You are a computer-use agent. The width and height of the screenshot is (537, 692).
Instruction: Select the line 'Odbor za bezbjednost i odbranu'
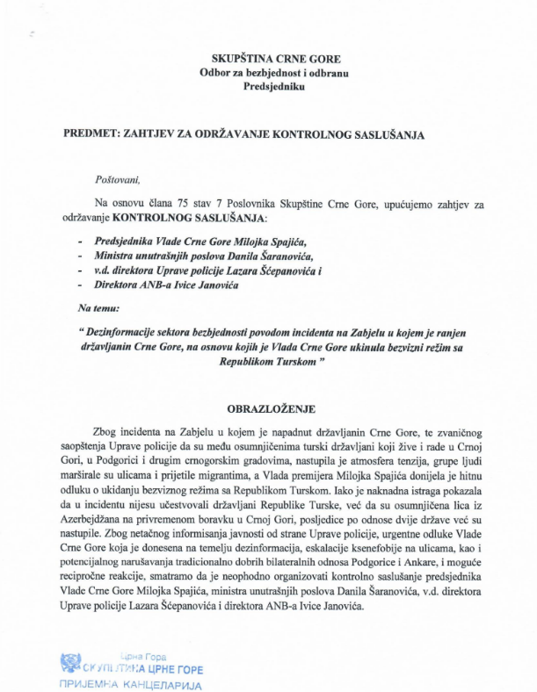268,72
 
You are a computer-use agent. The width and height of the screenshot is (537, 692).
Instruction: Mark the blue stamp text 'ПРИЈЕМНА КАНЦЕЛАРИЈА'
131,683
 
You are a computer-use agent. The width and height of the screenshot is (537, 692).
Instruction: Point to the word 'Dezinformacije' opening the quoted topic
124,332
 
